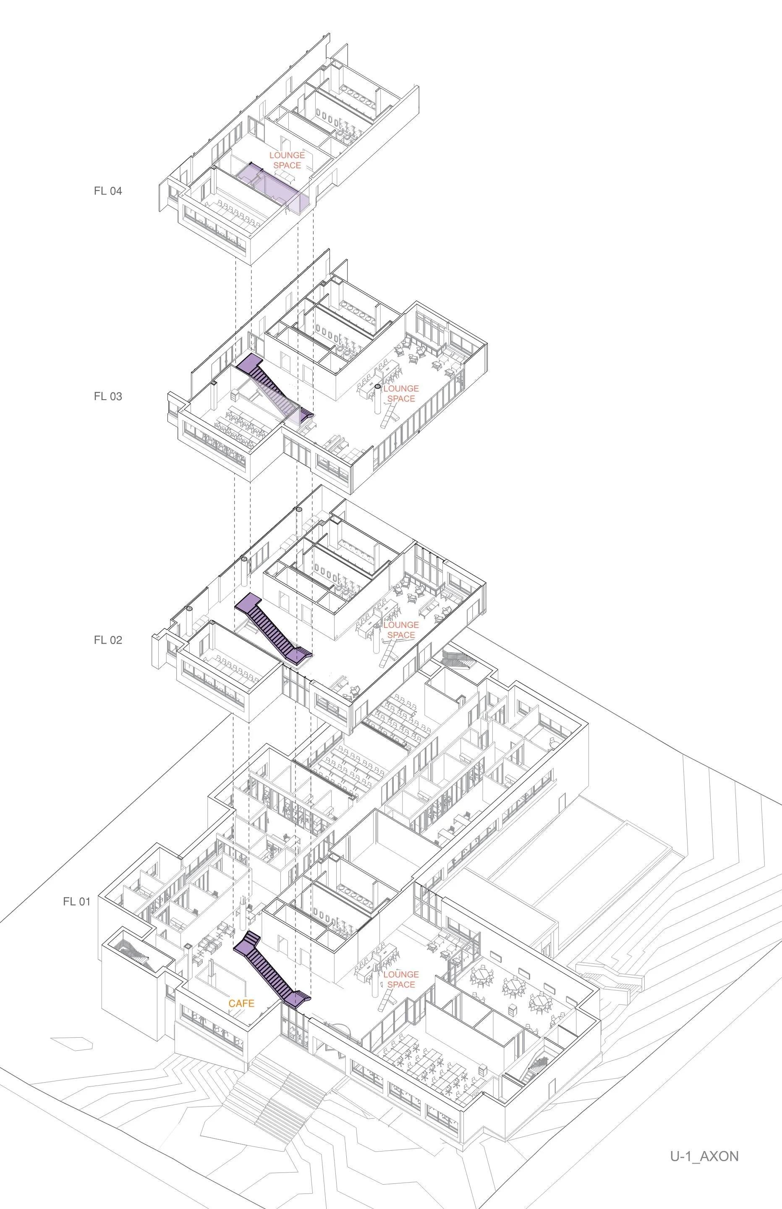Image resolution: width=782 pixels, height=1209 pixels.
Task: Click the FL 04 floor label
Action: [107, 191]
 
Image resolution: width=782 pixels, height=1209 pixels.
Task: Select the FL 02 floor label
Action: [107, 640]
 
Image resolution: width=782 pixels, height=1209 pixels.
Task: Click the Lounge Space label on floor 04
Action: [287, 160]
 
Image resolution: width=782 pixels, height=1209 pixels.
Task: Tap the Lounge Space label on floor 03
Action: [401, 393]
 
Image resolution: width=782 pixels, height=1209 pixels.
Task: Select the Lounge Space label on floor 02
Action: [401, 630]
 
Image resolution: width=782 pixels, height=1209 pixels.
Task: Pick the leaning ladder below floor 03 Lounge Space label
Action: [390, 416]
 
